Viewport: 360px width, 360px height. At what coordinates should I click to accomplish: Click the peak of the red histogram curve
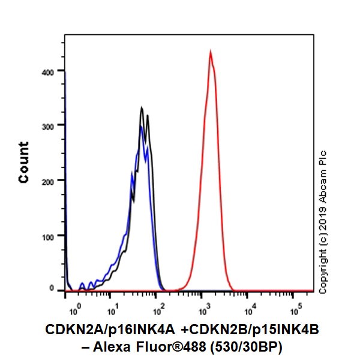(211, 52)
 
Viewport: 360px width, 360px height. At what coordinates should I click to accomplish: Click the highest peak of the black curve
(142, 108)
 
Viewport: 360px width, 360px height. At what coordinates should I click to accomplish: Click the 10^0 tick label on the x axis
(74, 311)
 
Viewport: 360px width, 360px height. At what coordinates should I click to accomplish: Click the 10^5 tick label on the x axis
(295, 311)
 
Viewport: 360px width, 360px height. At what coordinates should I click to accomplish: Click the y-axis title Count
(24, 162)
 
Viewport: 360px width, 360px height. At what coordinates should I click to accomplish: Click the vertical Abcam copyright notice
(323, 222)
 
